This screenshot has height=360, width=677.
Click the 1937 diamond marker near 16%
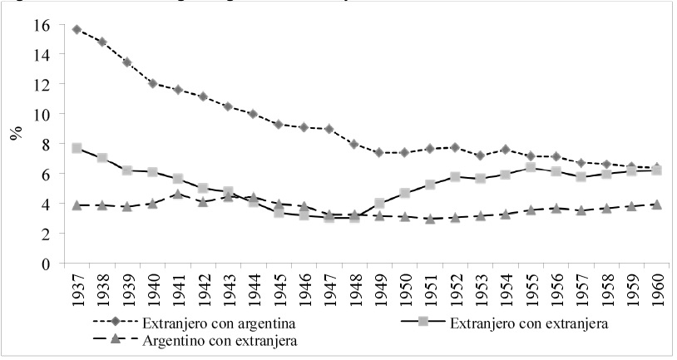coord(77,29)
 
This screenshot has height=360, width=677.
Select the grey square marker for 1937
coord(77,148)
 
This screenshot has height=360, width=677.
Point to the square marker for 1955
coord(528,167)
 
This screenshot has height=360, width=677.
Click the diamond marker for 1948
coord(353,144)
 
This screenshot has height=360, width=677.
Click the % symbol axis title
coord(16,133)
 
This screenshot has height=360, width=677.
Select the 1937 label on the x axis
coord(77,288)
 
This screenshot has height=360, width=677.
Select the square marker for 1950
coord(403,193)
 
